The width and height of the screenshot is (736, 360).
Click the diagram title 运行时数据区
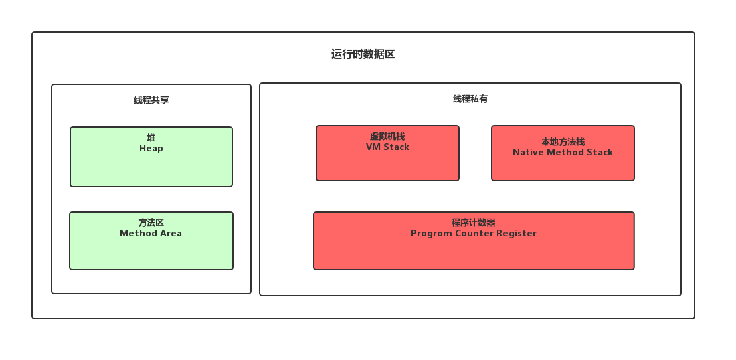point(363,54)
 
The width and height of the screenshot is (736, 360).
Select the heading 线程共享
point(151,100)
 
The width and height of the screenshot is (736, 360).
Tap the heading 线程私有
point(470,99)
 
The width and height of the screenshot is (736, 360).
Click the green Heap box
point(151,167)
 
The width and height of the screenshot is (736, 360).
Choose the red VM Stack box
point(387,165)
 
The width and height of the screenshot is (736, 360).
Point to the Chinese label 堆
point(151,138)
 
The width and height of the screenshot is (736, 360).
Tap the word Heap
point(151,148)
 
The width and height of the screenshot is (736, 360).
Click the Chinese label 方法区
point(151,223)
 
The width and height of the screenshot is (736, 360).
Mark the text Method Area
point(151,234)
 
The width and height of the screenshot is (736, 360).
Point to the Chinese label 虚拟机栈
point(387,137)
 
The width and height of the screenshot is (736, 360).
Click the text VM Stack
point(387,147)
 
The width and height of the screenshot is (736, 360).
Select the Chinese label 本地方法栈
point(563,142)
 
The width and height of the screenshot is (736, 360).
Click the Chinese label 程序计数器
point(474,223)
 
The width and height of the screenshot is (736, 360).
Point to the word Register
point(516,234)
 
